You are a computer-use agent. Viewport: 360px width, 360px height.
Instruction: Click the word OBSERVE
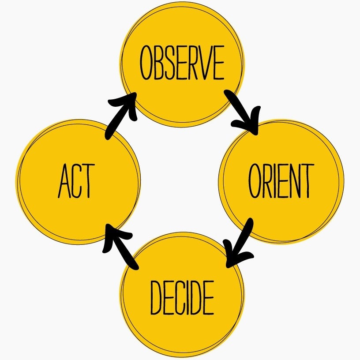182,63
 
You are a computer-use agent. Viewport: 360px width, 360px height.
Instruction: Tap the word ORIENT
281,181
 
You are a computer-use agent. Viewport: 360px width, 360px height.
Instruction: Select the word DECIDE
182,297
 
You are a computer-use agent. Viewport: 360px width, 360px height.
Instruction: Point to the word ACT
76,181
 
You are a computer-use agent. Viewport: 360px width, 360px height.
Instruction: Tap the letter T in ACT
89,181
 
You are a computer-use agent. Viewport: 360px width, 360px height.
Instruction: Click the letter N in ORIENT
294,181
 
